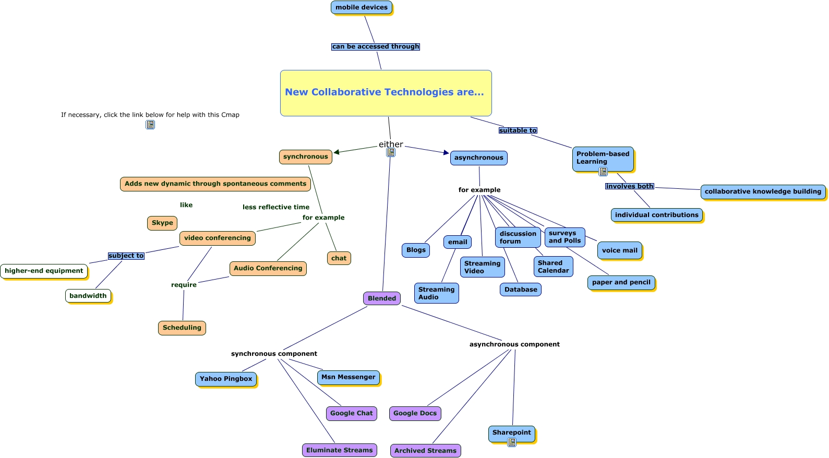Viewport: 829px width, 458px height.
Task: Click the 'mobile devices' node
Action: [361, 7]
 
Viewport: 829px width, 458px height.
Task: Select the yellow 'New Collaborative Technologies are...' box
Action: [386, 93]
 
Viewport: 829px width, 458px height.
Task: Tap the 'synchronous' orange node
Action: [305, 156]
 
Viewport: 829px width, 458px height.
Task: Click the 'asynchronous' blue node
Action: [478, 158]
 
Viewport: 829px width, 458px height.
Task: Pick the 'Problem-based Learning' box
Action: [603, 158]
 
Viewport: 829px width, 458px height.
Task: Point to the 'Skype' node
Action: [162, 223]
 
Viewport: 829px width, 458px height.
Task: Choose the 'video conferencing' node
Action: [217, 238]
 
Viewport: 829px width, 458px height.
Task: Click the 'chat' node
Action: [339, 258]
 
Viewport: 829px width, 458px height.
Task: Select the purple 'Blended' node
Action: [382, 298]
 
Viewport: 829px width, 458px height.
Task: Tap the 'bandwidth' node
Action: [88, 296]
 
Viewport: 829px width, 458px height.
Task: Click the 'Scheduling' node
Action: [182, 328]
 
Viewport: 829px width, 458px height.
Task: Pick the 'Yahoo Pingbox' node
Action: [226, 379]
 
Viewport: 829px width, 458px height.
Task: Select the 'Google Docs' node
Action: [415, 413]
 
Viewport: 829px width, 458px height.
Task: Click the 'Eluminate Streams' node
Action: [339, 450]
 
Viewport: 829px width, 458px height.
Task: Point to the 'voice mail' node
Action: [619, 250]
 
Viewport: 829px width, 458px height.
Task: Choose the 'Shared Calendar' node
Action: [553, 267]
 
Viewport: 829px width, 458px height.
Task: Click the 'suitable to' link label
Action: [518, 130]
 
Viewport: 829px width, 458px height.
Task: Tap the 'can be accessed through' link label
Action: [376, 46]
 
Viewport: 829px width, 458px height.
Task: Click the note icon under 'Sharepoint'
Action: [512, 442]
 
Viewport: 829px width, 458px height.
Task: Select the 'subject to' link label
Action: [126, 256]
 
